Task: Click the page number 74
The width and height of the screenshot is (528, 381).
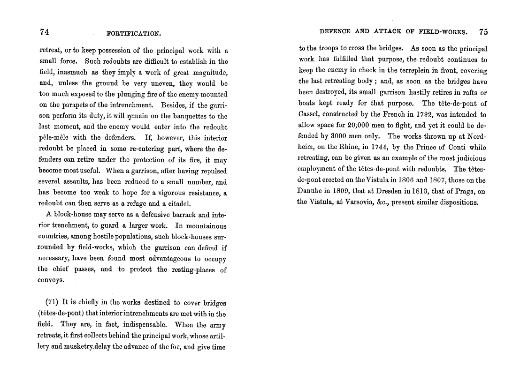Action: coord(45,32)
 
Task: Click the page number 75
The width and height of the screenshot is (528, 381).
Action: coord(483,32)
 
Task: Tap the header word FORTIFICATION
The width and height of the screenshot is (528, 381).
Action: coord(134,33)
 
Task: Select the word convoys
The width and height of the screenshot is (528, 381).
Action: coord(51,281)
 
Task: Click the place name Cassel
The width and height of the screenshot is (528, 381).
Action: coord(309,114)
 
